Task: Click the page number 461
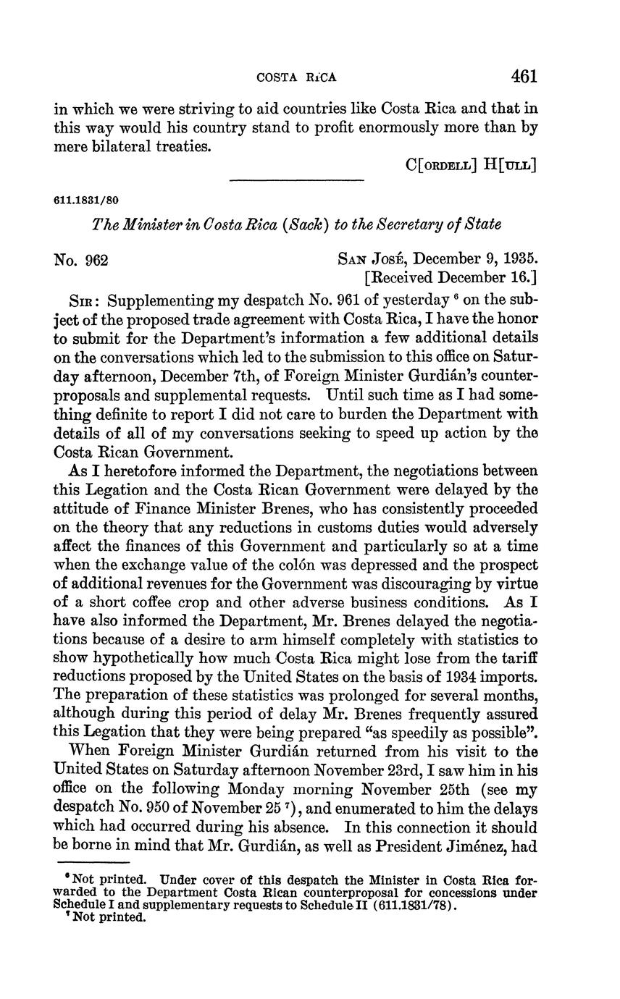[x=523, y=76]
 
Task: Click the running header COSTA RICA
[x=298, y=77]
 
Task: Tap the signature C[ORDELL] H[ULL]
[x=472, y=165]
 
